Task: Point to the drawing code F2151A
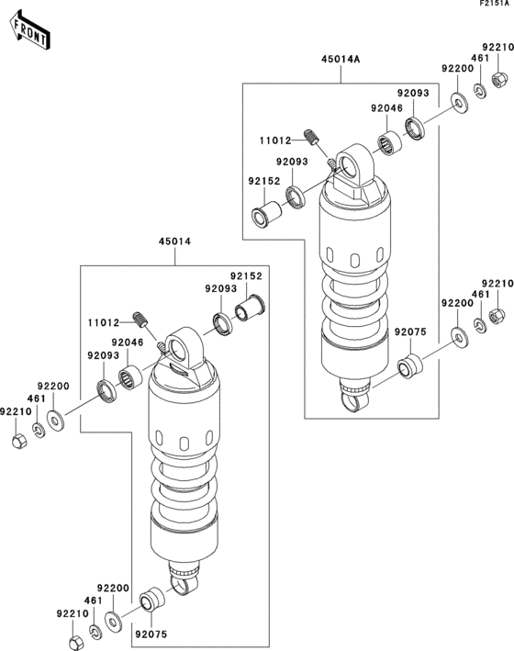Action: (x=494, y=6)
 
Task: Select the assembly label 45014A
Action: (x=341, y=59)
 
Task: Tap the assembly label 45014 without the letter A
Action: (x=175, y=242)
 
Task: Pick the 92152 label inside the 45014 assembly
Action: (x=246, y=275)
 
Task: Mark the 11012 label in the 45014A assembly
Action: (x=275, y=140)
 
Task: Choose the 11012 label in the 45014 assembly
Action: (x=105, y=323)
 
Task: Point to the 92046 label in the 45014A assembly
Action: (x=386, y=108)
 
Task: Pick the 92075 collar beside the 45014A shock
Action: (x=408, y=369)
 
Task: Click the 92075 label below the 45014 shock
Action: (x=151, y=633)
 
